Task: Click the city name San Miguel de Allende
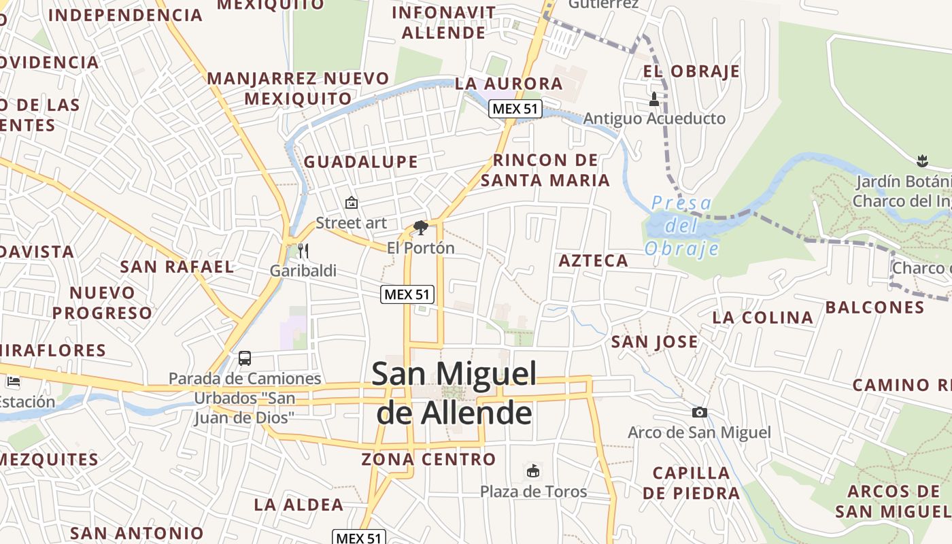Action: (x=454, y=393)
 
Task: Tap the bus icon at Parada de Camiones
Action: (x=245, y=358)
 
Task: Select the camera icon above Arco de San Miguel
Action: (x=699, y=412)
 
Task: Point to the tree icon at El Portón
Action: (x=421, y=228)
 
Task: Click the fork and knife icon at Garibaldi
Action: (x=303, y=250)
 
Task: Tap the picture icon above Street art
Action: (x=352, y=203)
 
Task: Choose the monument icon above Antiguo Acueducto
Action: (x=654, y=99)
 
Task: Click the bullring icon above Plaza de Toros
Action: (x=533, y=471)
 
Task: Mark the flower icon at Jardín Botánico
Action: (x=922, y=161)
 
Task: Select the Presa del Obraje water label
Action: (x=681, y=226)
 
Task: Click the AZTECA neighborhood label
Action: (x=594, y=260)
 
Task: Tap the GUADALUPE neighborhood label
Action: (x=360, y=162)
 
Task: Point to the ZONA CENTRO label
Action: (x=428, y=459)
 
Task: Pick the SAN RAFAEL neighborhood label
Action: (x=177, y=267)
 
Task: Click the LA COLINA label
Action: (x=762, y=318)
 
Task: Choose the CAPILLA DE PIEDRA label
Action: (x=692, y=483)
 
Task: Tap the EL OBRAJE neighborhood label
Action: (x=692, y=71)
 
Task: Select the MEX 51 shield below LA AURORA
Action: (x=515, y=109)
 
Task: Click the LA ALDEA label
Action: (x=299, y=505)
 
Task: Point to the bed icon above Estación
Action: (x=13, y=381)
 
